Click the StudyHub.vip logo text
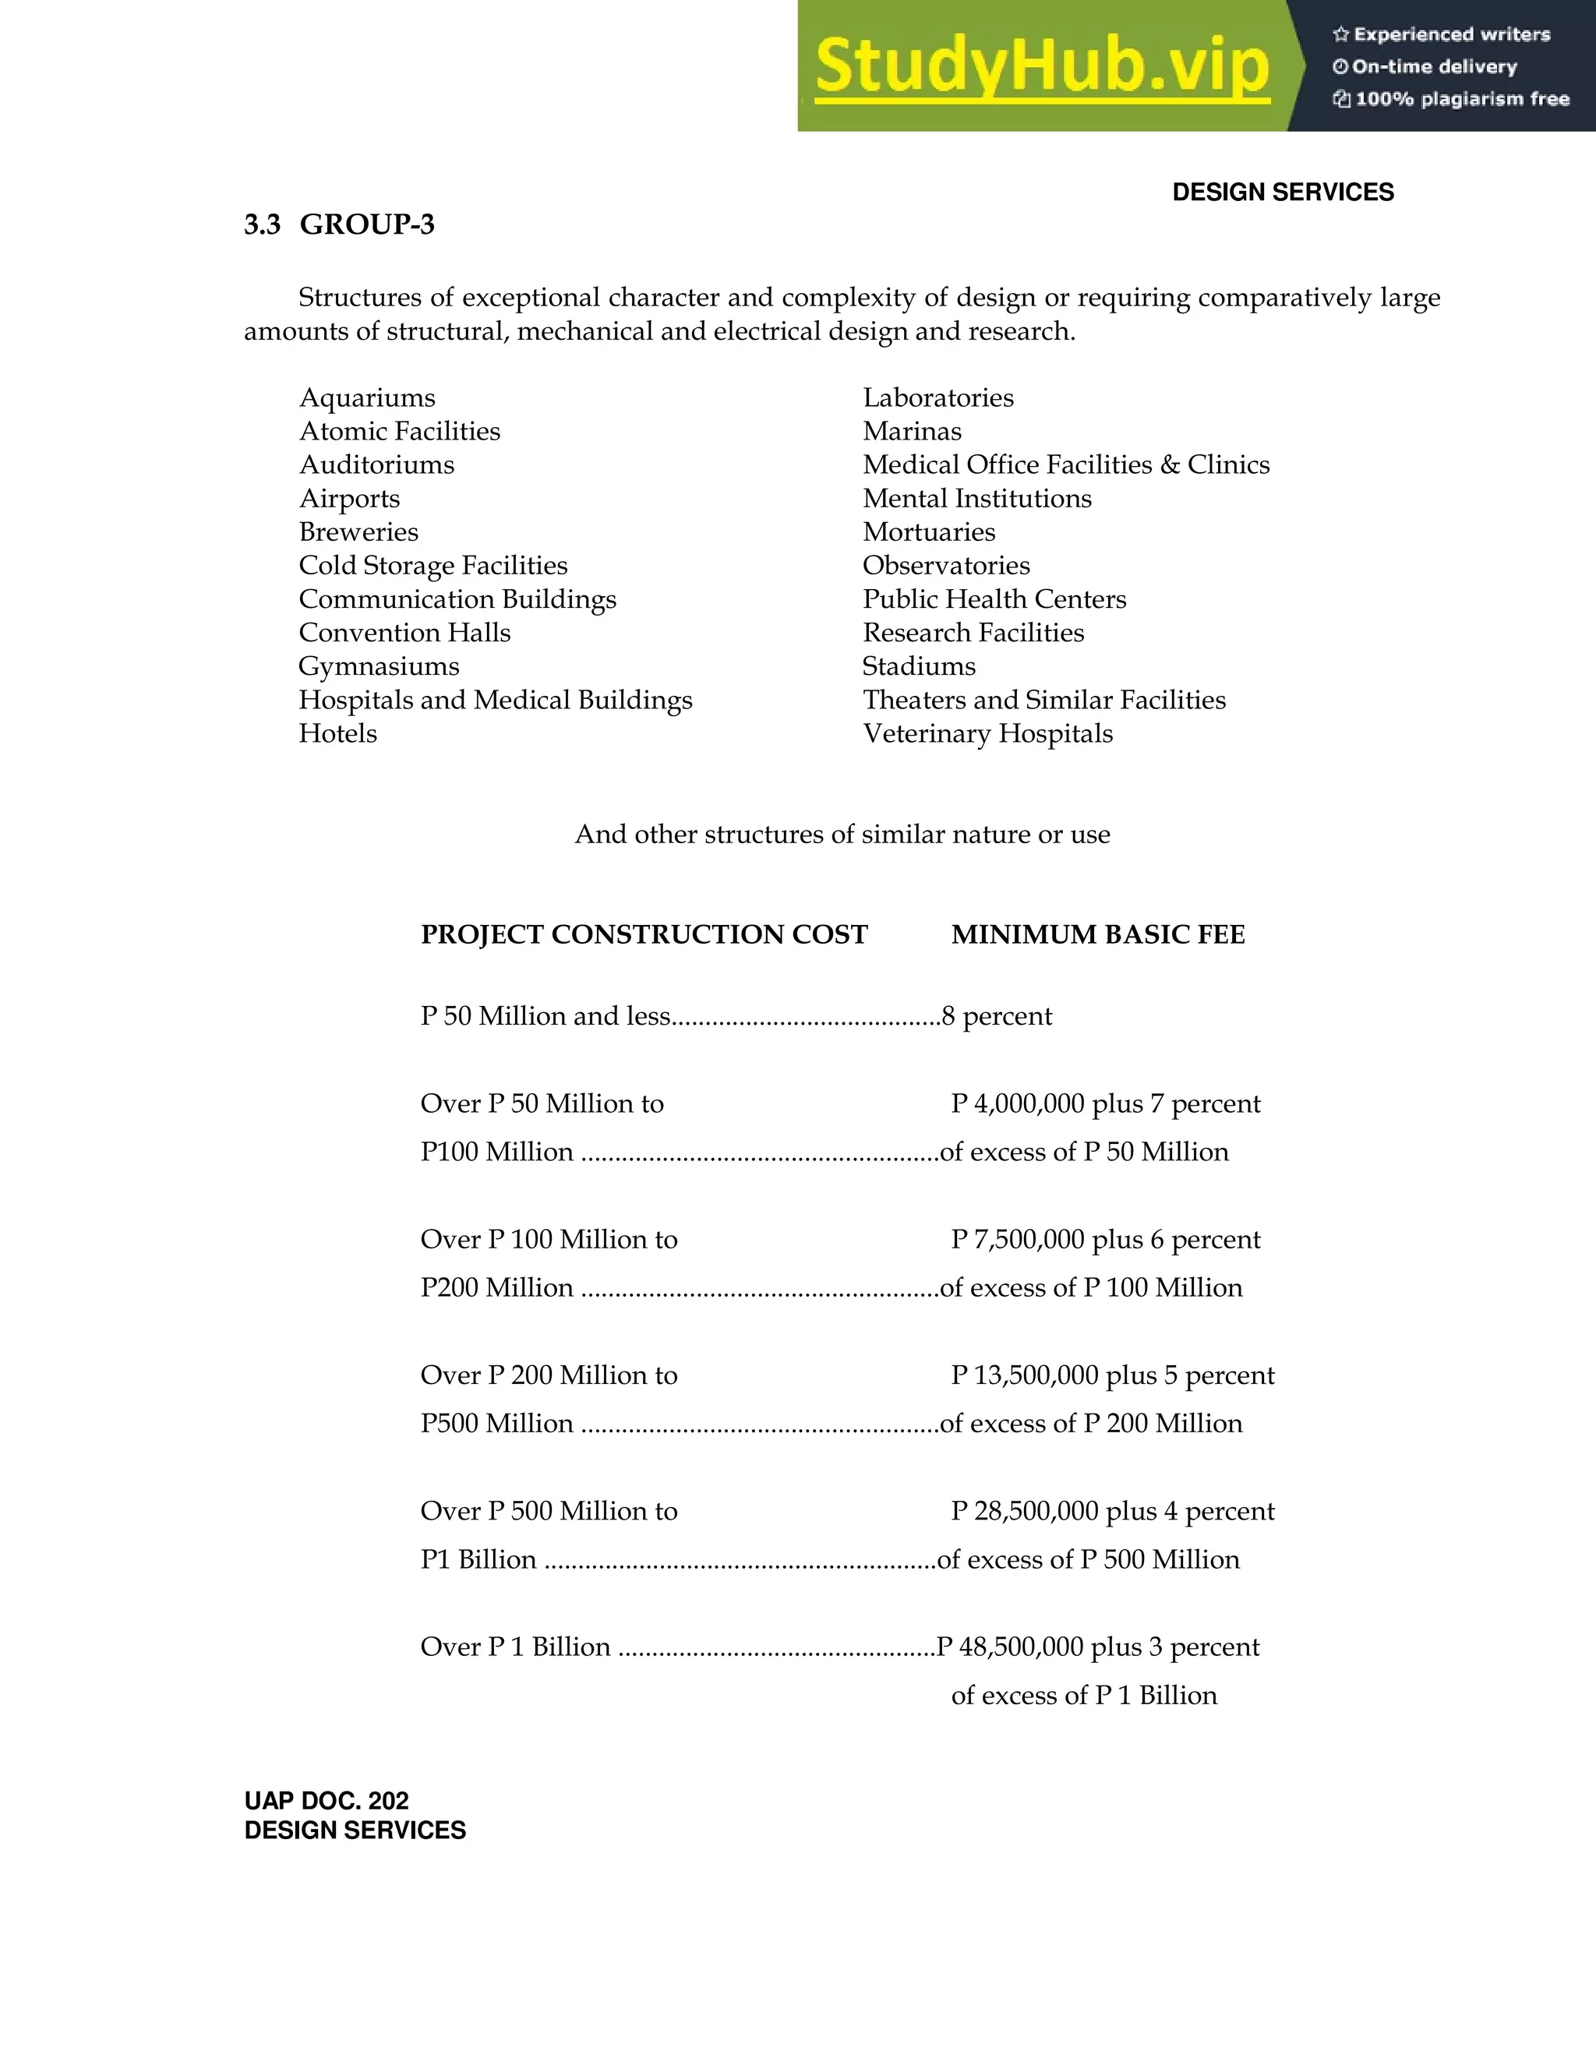pyautogui.click(x=1041, y=66)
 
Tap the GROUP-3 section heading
pyautogui.click(x=367, y=225)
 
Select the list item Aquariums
pyautogui.click(x=367, y=398)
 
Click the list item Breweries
pyautogui.click(x=358, y=532)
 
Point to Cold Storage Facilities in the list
pyautogui.click(x=433, y=566)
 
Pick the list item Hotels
pyautogui.click(x=337, y=734)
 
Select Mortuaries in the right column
pyautogui.click(x=928, y=532)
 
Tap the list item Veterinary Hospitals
pyautogui.click(x=987, y=734)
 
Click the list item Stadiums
pyautogui.click(x=918, y=666)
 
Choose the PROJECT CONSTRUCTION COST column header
pyautogui.click(x=644, y=935)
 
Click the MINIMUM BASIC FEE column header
pyautogui.click(x=1098, y=935)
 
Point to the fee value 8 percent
pyautogui.click(x=997, y=1016)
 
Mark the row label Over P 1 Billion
pyautogui.click(x=515, y=1647)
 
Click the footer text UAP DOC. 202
pyautogui.click(x=327, y=1800)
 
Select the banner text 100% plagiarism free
pyautogui.click(x=1461, y=99)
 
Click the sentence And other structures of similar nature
pyautogui.click(x=842, y=835)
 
